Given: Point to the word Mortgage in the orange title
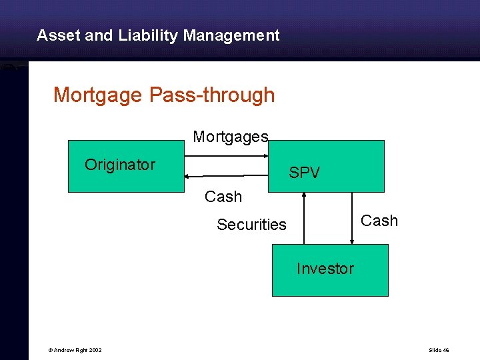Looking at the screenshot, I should [98, 95].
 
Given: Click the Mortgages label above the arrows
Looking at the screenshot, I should [231, 137].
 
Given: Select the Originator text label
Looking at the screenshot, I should [120, 165].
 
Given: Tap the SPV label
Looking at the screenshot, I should [304, 173].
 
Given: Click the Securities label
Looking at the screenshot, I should [251, 225].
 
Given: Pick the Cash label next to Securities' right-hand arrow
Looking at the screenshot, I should [379, 221].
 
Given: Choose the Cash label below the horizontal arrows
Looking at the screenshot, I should [223, 197].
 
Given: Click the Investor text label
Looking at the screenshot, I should [325, 269].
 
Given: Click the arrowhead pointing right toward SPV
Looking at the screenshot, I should [270, 157].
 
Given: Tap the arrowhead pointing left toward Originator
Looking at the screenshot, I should [188, 176].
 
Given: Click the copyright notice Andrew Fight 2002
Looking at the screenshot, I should [75, 350].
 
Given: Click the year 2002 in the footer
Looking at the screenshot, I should [94, 350].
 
